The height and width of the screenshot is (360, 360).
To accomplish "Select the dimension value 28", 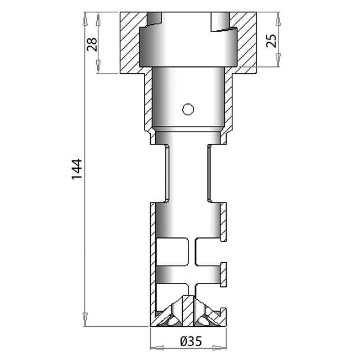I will (92, 43).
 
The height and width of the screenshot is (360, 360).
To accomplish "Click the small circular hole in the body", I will (188, 109).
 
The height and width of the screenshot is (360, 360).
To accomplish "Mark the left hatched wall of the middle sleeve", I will (147, 101).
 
